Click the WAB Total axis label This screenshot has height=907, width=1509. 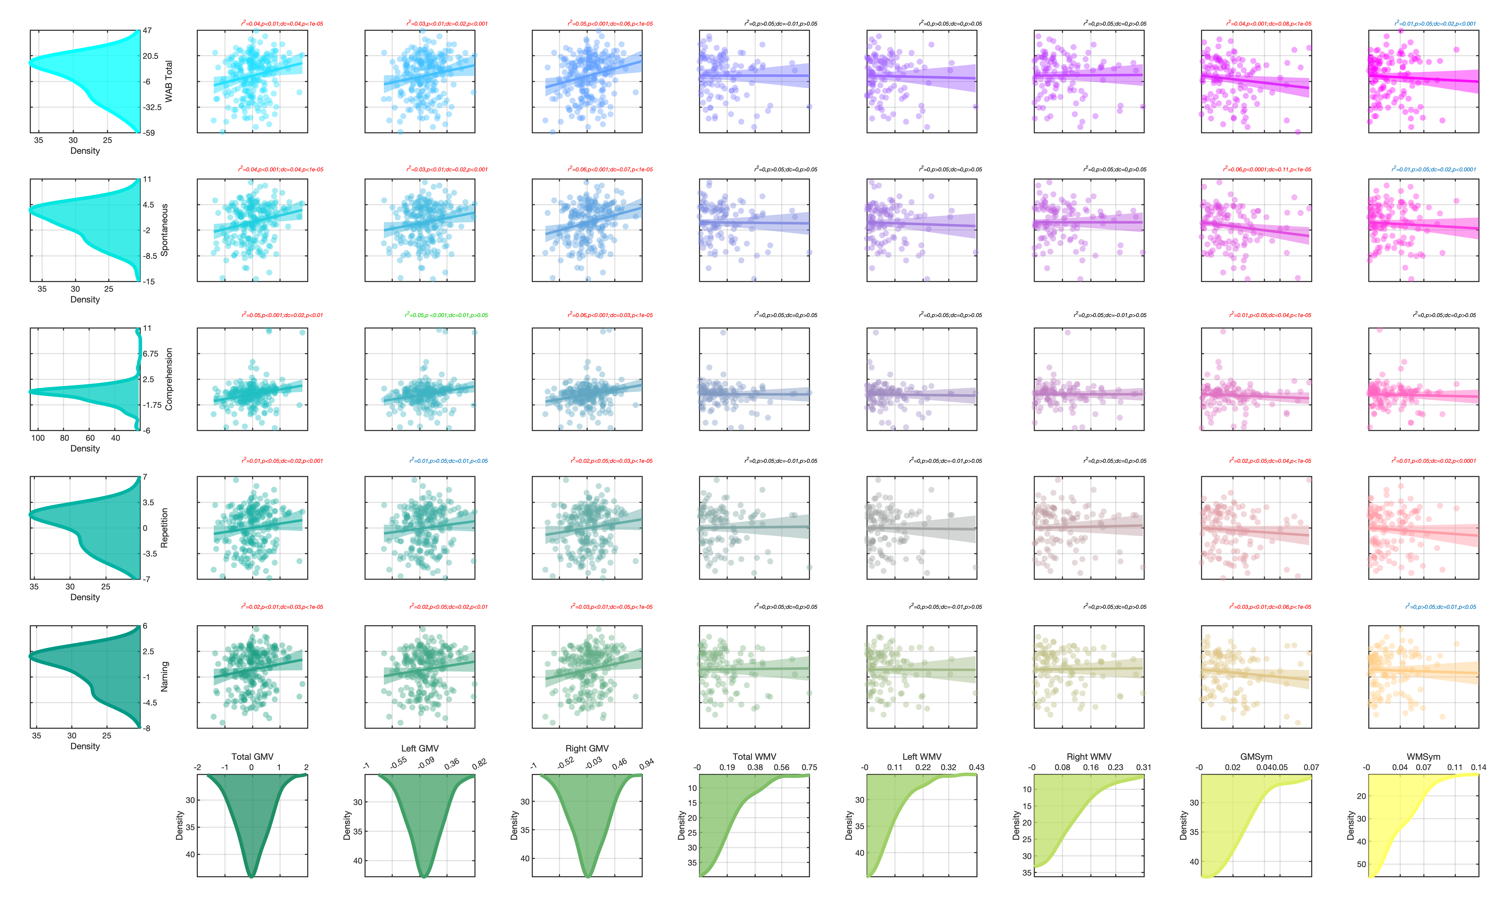pos(169,81)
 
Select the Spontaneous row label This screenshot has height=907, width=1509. pos(164,230)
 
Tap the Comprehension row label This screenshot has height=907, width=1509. pos(169,379)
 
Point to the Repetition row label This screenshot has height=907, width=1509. pos(164,527)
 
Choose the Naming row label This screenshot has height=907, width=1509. pos(164,677)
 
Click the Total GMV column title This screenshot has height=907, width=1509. pos(252,757)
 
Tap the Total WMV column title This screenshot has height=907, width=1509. pos(754,757)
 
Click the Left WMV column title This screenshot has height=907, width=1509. pos(922,757)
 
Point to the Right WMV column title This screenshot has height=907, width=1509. pos(1089,757)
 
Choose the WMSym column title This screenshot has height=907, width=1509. pos(1423,757)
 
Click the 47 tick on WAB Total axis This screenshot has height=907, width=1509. pos(147,31)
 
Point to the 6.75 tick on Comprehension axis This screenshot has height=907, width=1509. pos(150,354)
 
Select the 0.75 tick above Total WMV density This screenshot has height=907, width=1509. pos(809,767)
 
